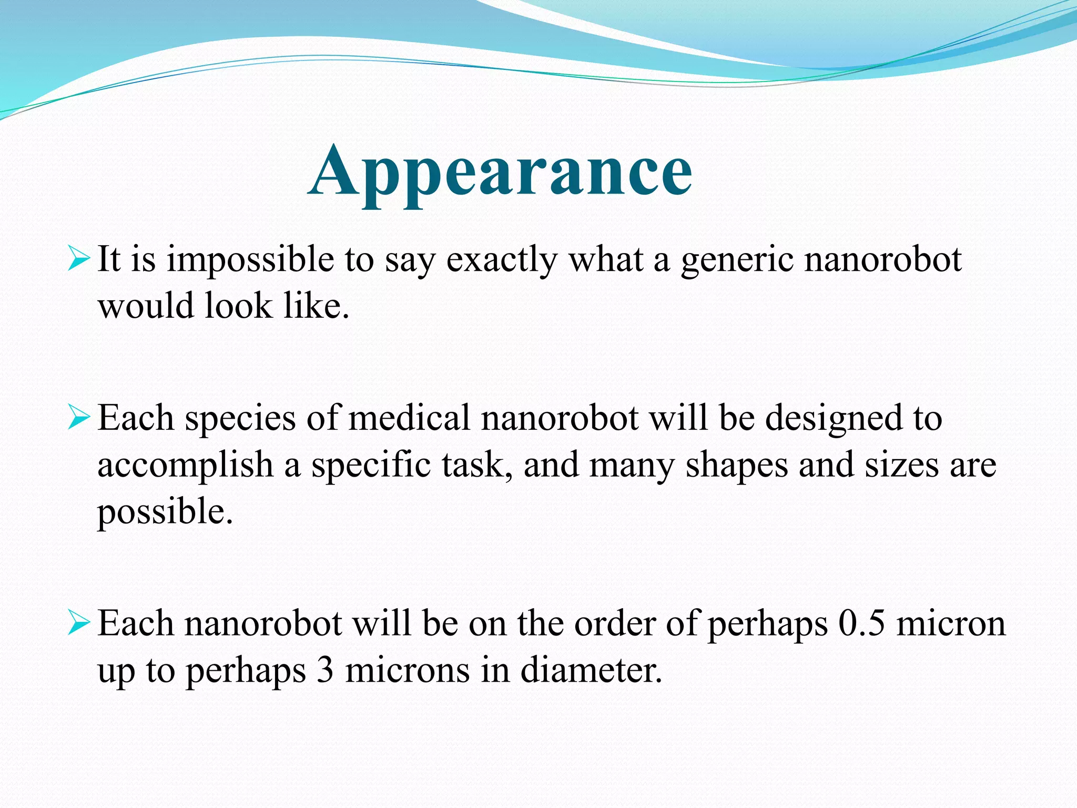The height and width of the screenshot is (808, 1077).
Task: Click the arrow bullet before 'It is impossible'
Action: (x=79, y=260)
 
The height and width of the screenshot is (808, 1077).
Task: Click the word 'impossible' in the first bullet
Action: (x=250, y=260)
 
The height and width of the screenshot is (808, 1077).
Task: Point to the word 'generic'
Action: (x=737, y=260)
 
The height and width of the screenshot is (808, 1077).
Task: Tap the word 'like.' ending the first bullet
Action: (x=317, y=306)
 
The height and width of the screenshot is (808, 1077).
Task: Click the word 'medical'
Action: (x=409, y=418)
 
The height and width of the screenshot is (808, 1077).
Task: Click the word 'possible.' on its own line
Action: (x=165, y=512)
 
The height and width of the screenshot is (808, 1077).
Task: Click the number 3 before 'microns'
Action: (x=326, y=671)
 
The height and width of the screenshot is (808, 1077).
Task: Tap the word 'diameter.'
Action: (x=591, y=671)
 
